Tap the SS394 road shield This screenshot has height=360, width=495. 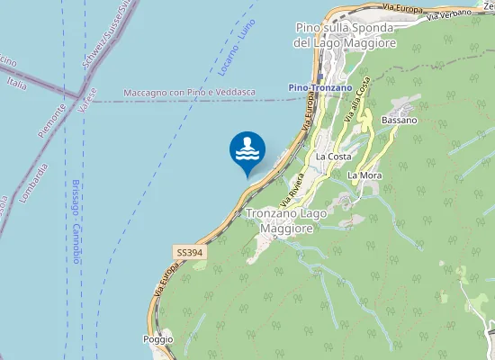pyautogui.click(x=190, y=254)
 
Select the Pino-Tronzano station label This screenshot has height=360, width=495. pyautogui.click(x=320, y=87)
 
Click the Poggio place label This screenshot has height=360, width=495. pyautogui.click(x=157, y=339)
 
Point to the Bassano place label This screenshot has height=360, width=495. pyautogui.click(x=399, y=120)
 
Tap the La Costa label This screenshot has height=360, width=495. pyautogui.click(x=333, y=157)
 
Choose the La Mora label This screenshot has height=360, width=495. pyautogui.click(x=365, y=175)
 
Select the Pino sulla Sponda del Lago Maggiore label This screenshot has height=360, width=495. pyautogui.click(x=346, y=35)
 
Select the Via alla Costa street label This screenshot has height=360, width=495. pyautogui.click(x=356, y=101)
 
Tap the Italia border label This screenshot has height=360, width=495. pyautogui.click(x=16, y=83)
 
